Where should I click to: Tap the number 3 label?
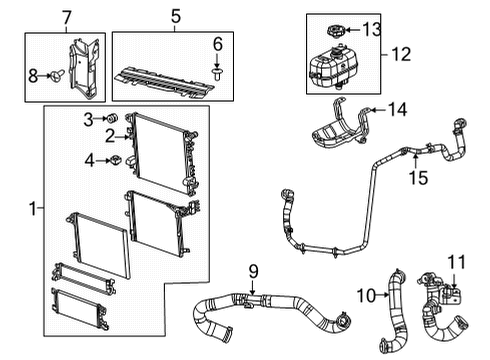tap(88, 119)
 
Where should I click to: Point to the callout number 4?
tap(90, 159)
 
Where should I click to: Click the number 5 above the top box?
tap(176, 17)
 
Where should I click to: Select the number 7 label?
tap(67, 17)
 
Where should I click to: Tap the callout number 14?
tap(397, 108)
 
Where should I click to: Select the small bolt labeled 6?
tap(215, 72)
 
